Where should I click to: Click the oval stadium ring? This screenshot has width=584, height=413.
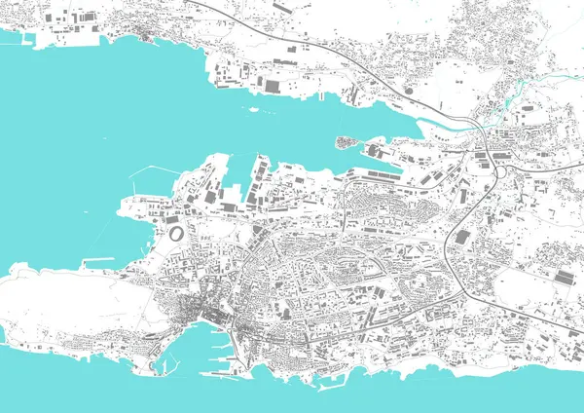176,234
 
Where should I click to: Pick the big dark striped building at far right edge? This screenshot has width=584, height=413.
566,277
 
